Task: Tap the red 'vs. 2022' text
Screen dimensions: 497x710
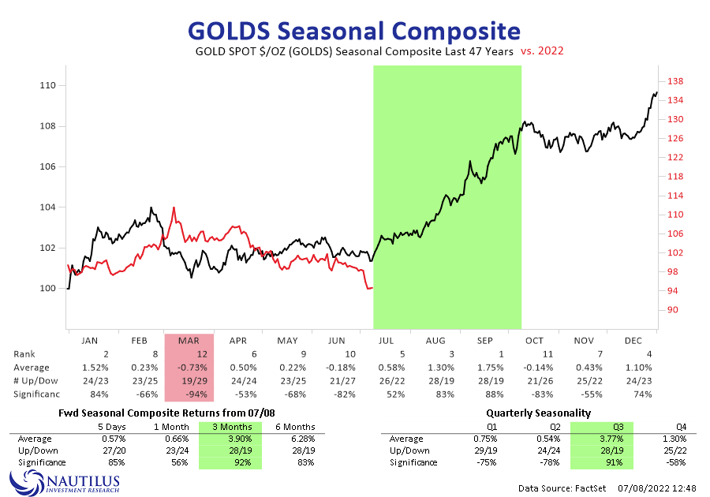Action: (x=542, y=51)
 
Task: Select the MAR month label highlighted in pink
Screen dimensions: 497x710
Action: (x=189, y=341)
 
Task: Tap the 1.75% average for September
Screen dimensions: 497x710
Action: (x=485, y=368)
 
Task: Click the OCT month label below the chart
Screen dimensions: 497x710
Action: (x=534, y=341)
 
